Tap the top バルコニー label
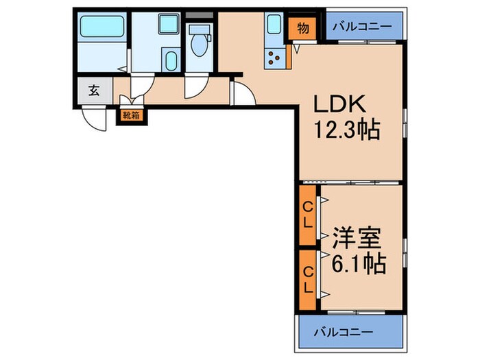coord(363,27)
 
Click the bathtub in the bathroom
coord(101,28)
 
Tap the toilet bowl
coord(200,44)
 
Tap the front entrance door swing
coord(94,119)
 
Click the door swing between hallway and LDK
coord(242,94)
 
